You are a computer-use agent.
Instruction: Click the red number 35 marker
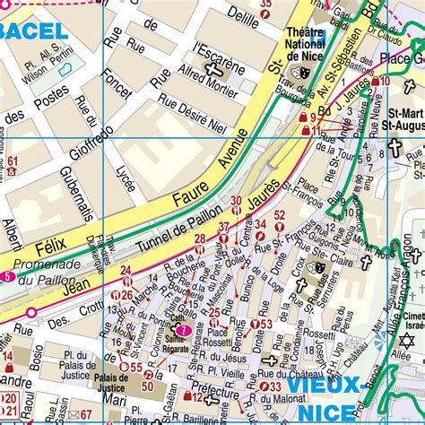pyautogui.click(x=265, y=4)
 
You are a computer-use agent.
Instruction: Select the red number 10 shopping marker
pyautogui.click(x=382, y=82)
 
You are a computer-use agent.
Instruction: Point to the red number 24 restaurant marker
pyautogui.click(x=126, y=271)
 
